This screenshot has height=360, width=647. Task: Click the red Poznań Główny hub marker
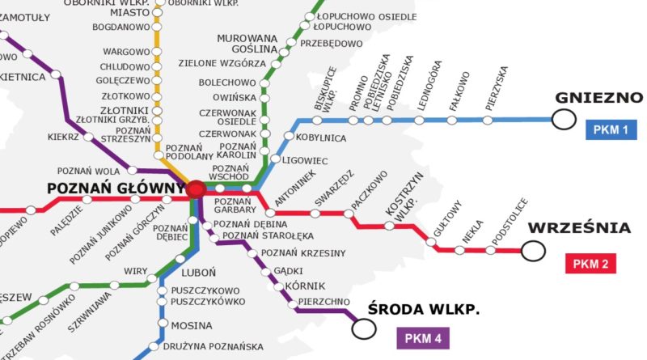(x=196, y=189)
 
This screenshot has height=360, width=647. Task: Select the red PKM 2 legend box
(x=594, y=263)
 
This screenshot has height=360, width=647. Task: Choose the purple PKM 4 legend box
(x=423, y=339)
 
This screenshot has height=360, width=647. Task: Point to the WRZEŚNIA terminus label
(x=578, y=228)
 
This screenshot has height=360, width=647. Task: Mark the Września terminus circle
(x=533, y=252)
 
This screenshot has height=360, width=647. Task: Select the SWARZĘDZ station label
(x=334, y=187)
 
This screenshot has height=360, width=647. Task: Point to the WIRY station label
(x=135, y=270)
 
